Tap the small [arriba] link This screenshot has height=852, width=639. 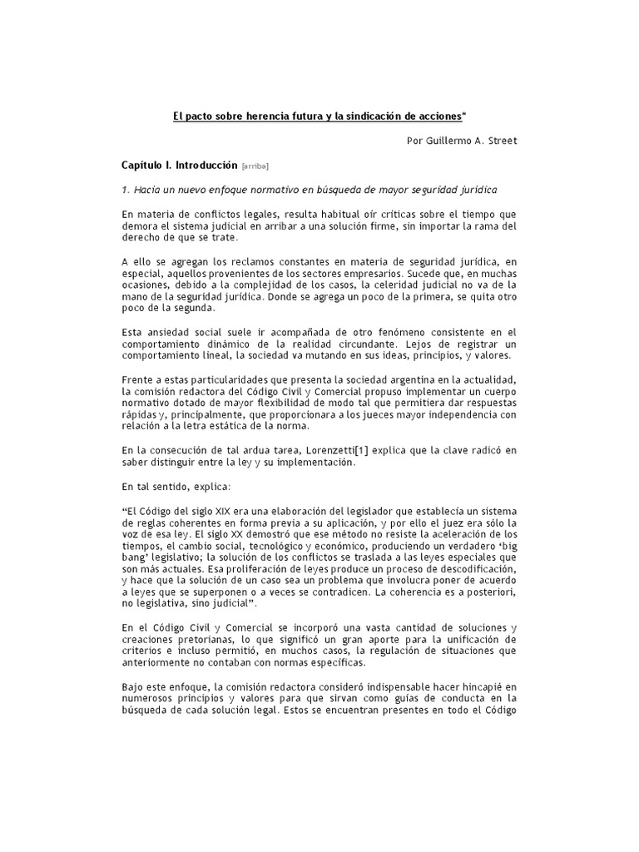click(255, 166)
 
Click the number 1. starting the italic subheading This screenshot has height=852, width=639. click(125, 191)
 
